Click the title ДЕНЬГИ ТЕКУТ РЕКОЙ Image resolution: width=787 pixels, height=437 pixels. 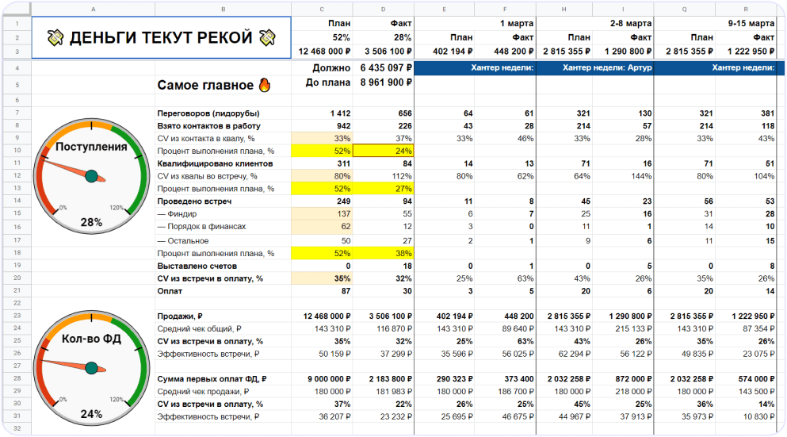tap(162, 37)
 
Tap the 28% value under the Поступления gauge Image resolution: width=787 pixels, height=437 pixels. tap(91, 223)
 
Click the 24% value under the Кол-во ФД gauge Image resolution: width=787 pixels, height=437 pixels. tap(91, 414)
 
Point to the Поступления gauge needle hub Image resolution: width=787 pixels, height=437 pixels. tap(91, 175)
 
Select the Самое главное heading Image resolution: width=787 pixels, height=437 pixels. tap(204, 85)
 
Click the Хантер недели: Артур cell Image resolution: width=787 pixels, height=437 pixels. tap(594, 68)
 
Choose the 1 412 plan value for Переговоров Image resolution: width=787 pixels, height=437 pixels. tap(338, 113)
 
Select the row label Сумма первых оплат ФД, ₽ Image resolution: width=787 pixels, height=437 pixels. tap(212, 379)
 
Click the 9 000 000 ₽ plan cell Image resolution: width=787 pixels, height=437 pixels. tap(323, 379)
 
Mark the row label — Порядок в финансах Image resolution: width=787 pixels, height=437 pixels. tap(201, 227)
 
